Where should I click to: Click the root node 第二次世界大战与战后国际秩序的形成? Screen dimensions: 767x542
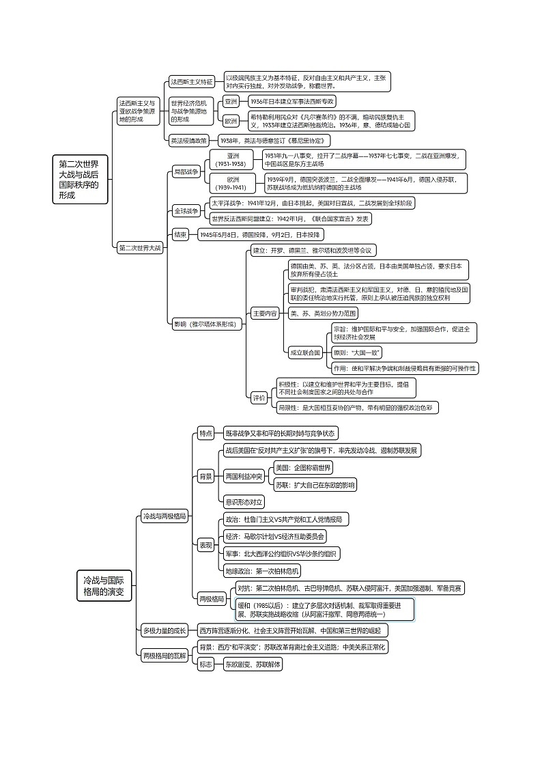tap(80, 180)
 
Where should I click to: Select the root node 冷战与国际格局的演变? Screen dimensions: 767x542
tap(103, 586)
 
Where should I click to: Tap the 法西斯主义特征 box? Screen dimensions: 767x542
tap(192, 82)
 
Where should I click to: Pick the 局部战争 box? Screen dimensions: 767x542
tap(186, 172)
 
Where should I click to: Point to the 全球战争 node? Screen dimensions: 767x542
tap(186, 211)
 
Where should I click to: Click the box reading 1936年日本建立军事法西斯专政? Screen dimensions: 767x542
tap(291, 101)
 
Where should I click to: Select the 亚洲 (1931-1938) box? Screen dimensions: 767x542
tap(230, 160)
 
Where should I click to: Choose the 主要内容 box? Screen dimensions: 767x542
tap(264, 313)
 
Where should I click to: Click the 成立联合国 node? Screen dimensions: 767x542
tap(305, 353)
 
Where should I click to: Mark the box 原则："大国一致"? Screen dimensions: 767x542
tap(356, 353)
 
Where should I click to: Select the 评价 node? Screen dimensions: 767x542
tap(259, 398)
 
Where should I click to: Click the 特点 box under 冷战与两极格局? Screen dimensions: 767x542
tap(206, 433)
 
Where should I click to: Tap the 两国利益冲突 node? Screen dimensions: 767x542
tap(244, 476)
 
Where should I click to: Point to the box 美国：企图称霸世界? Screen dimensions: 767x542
tap(303, 468)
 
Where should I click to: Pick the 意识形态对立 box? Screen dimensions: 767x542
tap(244, 502)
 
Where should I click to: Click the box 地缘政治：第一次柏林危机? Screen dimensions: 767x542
tap(262, 570)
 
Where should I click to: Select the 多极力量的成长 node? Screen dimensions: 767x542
tap(165, 630)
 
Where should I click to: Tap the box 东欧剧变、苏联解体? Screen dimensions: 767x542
tap(253, 664)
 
